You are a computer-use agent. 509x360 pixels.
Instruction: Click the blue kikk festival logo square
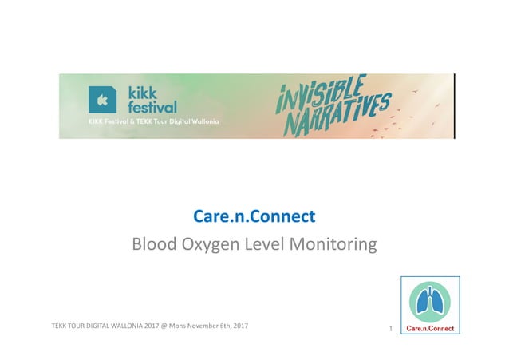click(101, 99)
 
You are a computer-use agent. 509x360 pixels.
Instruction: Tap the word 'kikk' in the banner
click(144, 91)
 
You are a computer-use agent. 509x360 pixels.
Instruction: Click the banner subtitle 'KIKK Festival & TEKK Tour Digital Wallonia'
click(152, 122)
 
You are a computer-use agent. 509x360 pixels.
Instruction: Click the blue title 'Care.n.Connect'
click(254, 216)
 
